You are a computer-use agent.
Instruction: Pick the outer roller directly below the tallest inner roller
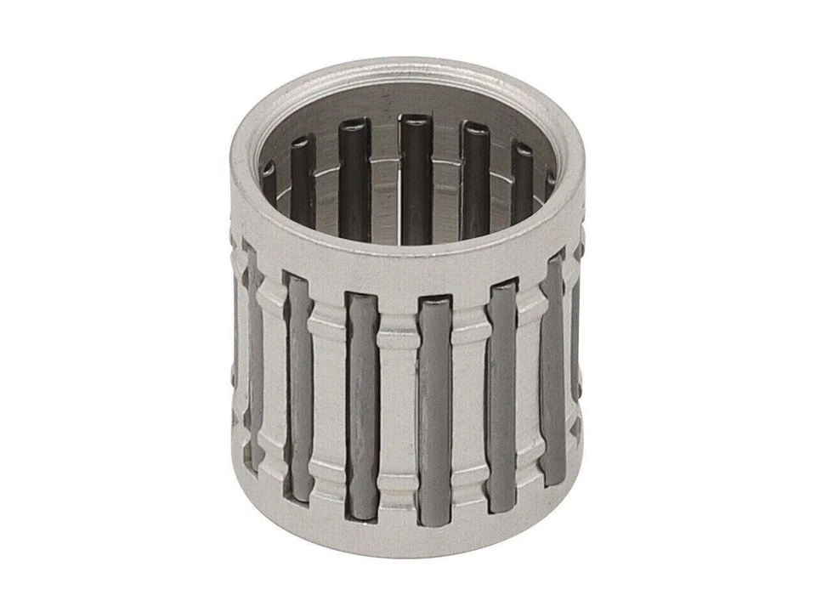(433, 408)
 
